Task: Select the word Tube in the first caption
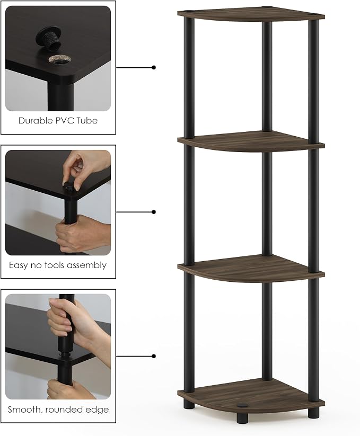[87, 121]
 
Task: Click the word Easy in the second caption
[18, 265]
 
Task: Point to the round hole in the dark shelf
[59, 59]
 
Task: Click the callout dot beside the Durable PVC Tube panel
[154, 67]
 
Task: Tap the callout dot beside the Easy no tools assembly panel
[154, 212]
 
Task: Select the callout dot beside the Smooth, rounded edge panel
[154, 356]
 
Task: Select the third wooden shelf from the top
[251, 268]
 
